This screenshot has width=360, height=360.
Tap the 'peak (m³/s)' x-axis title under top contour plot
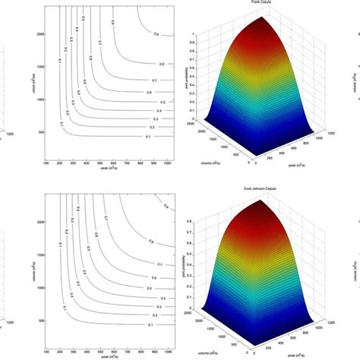(114, 168)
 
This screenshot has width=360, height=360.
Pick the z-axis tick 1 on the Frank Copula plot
(195, 33)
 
